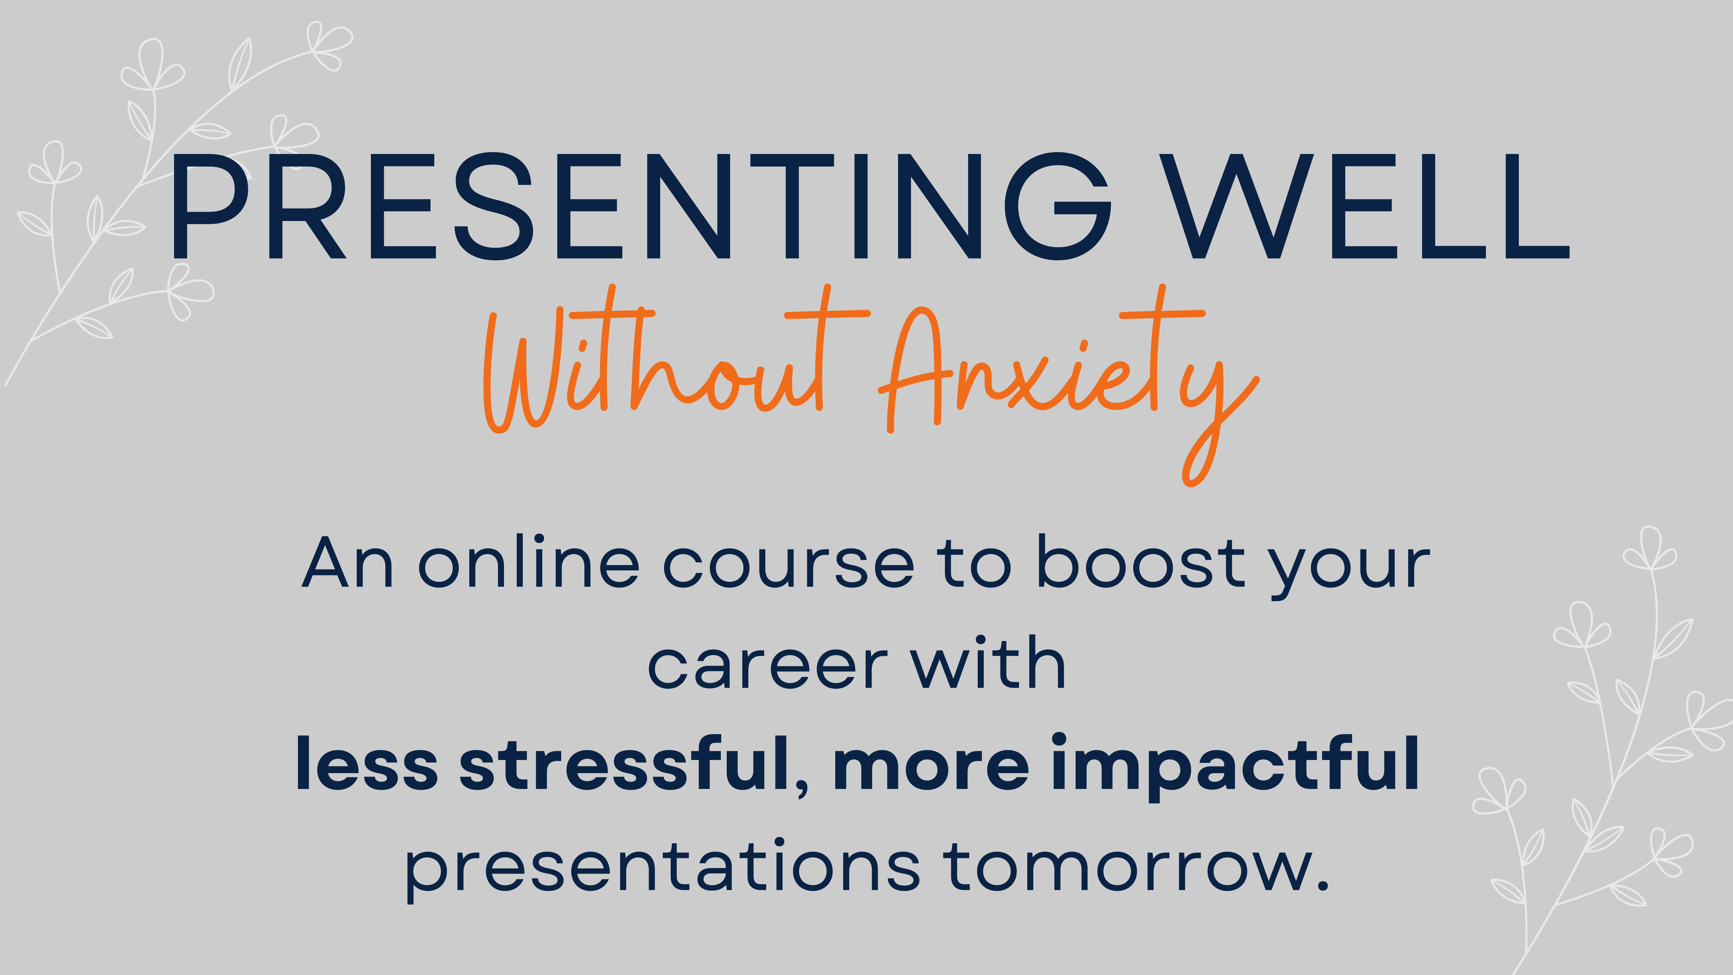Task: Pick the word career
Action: [767, 666]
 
